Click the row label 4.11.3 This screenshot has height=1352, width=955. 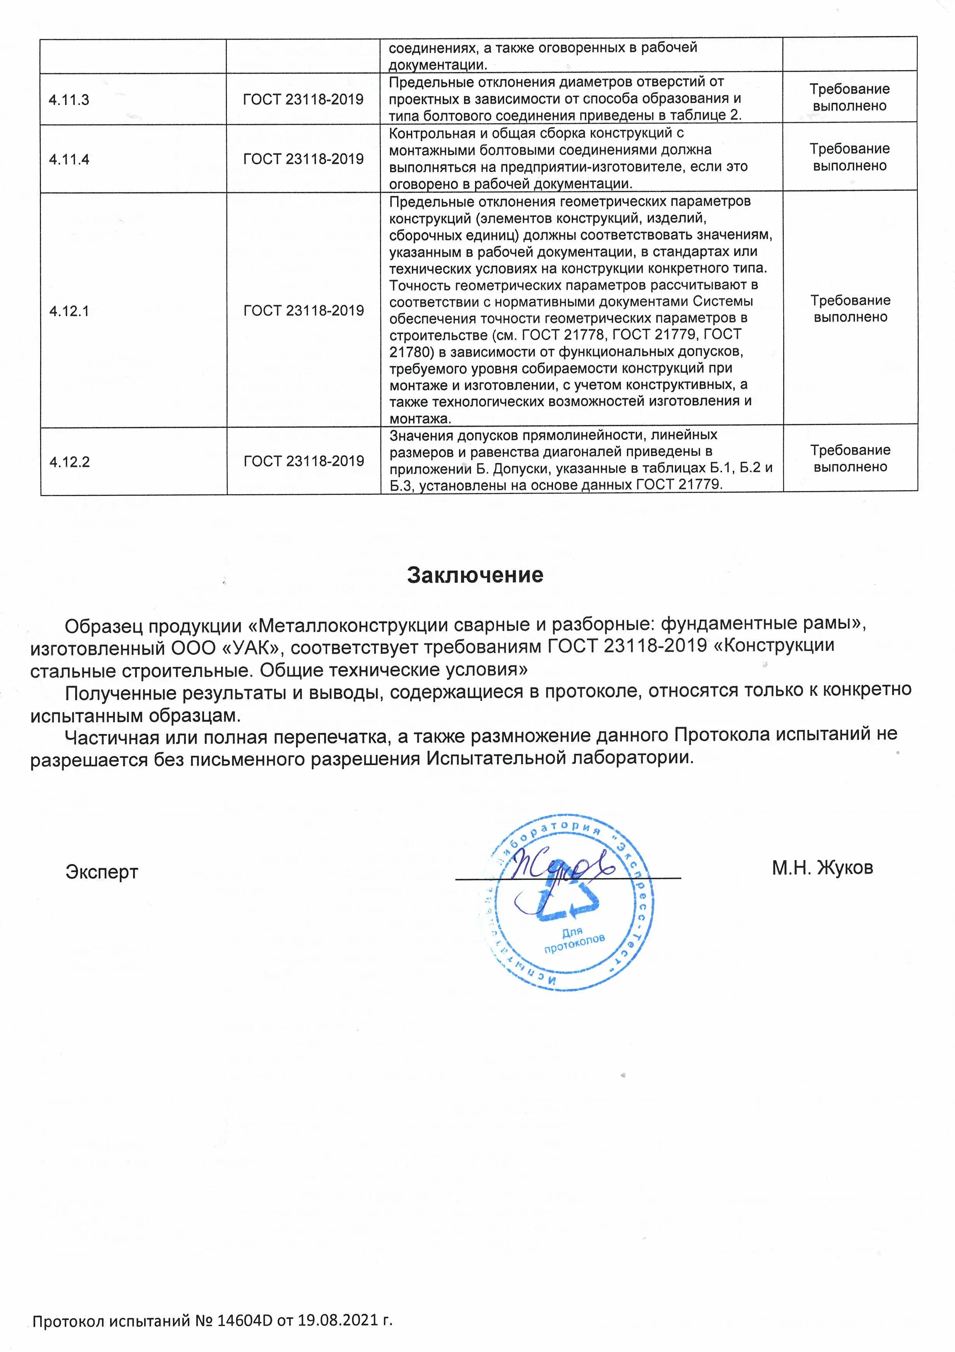[x=69, y=100]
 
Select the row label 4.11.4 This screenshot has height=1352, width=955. [x=69, y=159]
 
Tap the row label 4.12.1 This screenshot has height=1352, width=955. [x=69, y=311]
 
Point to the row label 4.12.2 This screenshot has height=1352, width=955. [x=69, y=462]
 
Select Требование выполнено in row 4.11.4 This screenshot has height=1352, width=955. [x=849, y=157]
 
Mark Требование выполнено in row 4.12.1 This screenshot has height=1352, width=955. [x=850, y=309]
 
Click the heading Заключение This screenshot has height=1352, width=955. [x=475, y=575]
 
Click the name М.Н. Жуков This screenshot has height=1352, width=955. [x=822, y=867]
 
